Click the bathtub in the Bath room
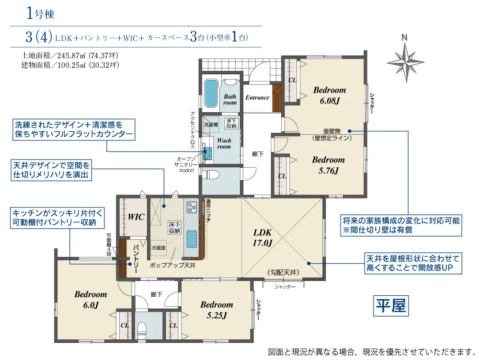(211, 93)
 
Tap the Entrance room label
(257, 98)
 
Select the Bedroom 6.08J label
(330, 95)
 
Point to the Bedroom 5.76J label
(329, 165)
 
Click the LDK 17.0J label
(262, 237)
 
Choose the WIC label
(136, 217)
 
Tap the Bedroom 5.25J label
(217, 310)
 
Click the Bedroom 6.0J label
(91, 300)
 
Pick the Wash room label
(224, 144)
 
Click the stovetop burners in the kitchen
(192, 207)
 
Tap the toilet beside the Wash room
(211, 175)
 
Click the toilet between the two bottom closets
(142, 331)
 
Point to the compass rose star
(406, 62)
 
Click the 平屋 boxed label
(391, 306)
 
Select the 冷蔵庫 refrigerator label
(159, 248)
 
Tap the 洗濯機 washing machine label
(211, 125)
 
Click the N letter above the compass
(404, 37)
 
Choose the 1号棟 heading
(41, 14)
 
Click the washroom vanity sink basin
(208, 152)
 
